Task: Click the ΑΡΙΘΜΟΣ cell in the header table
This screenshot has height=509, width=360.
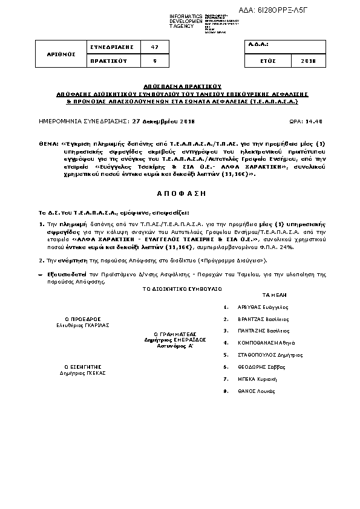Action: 62,54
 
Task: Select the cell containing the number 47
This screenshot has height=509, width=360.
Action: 154,47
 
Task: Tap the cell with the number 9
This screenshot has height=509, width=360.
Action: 154,61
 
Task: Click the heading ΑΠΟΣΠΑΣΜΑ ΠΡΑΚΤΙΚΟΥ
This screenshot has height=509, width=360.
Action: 183,86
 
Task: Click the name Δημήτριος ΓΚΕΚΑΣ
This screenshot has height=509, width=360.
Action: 82,373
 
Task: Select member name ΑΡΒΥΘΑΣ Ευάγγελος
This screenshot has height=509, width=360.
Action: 262,307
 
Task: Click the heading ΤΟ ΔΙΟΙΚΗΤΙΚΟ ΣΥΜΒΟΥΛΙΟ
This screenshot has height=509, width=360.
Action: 182,290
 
